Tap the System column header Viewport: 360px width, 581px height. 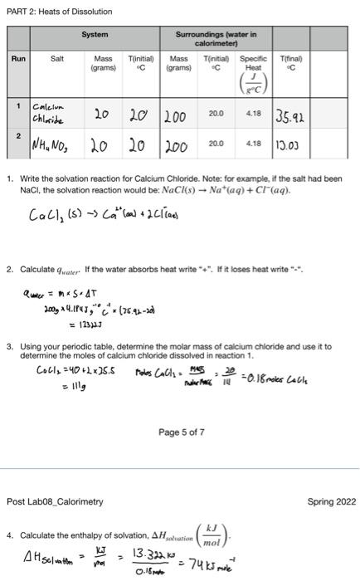[x=96, y=34]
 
